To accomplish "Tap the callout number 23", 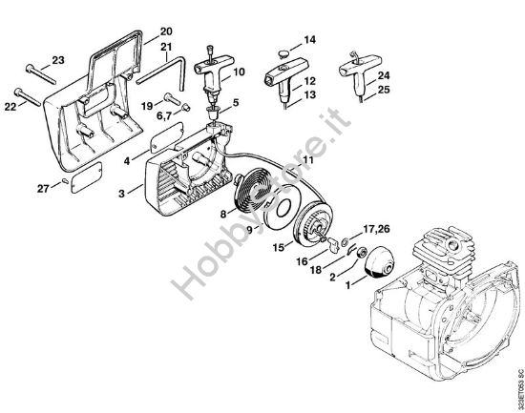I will pos(57,59).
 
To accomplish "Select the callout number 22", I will pos(10,107).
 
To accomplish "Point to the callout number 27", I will pos(43,188).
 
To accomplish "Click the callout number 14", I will pos(308,39).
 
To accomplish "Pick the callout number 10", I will pos(238,72).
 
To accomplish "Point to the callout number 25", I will pos(384,90).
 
